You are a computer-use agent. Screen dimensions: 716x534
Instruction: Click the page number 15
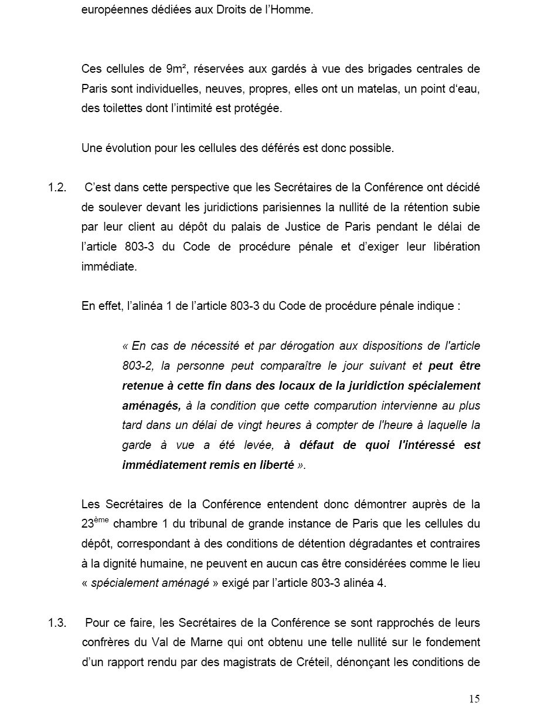click(x=474, y=698)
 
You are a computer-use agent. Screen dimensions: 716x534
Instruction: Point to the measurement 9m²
click(x=176, y=69)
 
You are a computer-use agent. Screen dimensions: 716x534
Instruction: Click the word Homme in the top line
click(x=294, y=10)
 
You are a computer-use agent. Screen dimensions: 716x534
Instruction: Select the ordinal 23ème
click(x=95, y=524)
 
